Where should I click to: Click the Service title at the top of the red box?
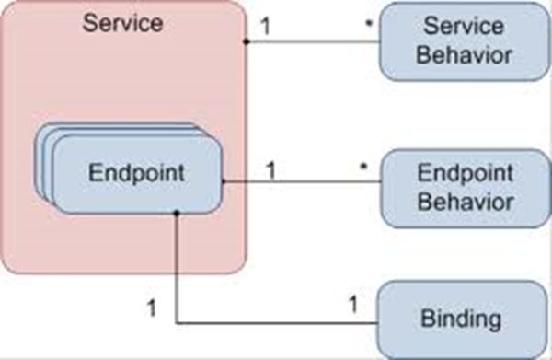click(x=123, y=22)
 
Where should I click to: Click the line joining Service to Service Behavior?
click(x=313, y=42)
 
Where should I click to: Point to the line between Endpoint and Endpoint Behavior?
click(x=304, y=181)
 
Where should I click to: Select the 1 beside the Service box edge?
click(x=265, y=27)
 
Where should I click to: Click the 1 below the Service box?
click(x=153, y=307)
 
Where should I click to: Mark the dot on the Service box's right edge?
click(x=247, y=42)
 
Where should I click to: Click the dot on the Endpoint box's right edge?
click(x=224, y=181)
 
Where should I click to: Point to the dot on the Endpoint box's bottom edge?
click(x=176, y=214)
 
